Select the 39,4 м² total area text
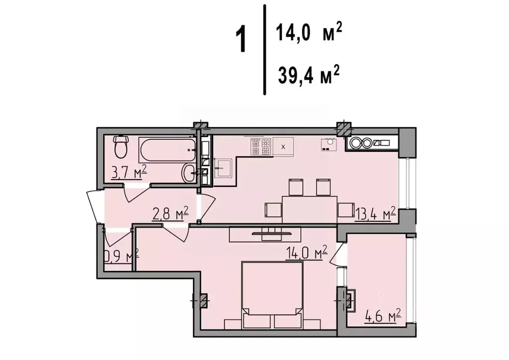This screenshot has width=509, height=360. coord(308,78)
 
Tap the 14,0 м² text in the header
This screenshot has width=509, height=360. coord(308,34)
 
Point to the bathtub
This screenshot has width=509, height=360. coord(167,148)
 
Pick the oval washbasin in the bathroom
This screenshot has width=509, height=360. coord(190,173)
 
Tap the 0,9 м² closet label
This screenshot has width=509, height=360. coord(120,256)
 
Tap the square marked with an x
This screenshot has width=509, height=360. coord(283,147)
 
